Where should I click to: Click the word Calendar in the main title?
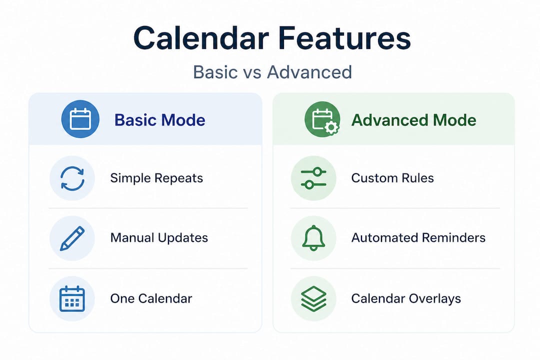pyautogui.click(x=201, y=38)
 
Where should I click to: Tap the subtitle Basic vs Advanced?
pyautogui.click(x=272, y=72)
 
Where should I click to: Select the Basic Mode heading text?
pyautogui.click(x=160, y=120)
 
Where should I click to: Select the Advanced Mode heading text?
pyautogui.click(x=413, y=120)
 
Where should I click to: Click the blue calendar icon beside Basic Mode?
pyautogui.click(x=80, y=119)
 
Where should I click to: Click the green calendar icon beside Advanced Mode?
pyautogui.click(x=322, y=119)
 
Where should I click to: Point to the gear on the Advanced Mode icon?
pyautogui.click(x=331, y=128)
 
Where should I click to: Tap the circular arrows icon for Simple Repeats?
pyautogui.click(x=72, y=178)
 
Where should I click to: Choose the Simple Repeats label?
pyautogui.click(x=156, y=178)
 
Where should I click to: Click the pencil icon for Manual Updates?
pyautogui.click(x=72, y=238)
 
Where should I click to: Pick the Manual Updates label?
pyautogui.click(x=159, y=238)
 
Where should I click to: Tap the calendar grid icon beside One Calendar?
pyautogui.click(x=72, y=298)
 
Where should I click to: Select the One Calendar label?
pyautogui.click(x=151, y=298)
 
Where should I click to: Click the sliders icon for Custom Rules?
pyautogui.click(x=313, y=178)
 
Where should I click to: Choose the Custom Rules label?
pyautogui.click(x=392, y=178)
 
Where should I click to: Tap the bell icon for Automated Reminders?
pyautogui.click(x=313, y=238)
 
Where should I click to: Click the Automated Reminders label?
pyautogui.click(x=418, y=238)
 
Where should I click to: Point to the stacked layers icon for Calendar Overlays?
pyautogui.click(x=313, y=298)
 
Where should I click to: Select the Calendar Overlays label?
pyautogui.click(x=406, y=298)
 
